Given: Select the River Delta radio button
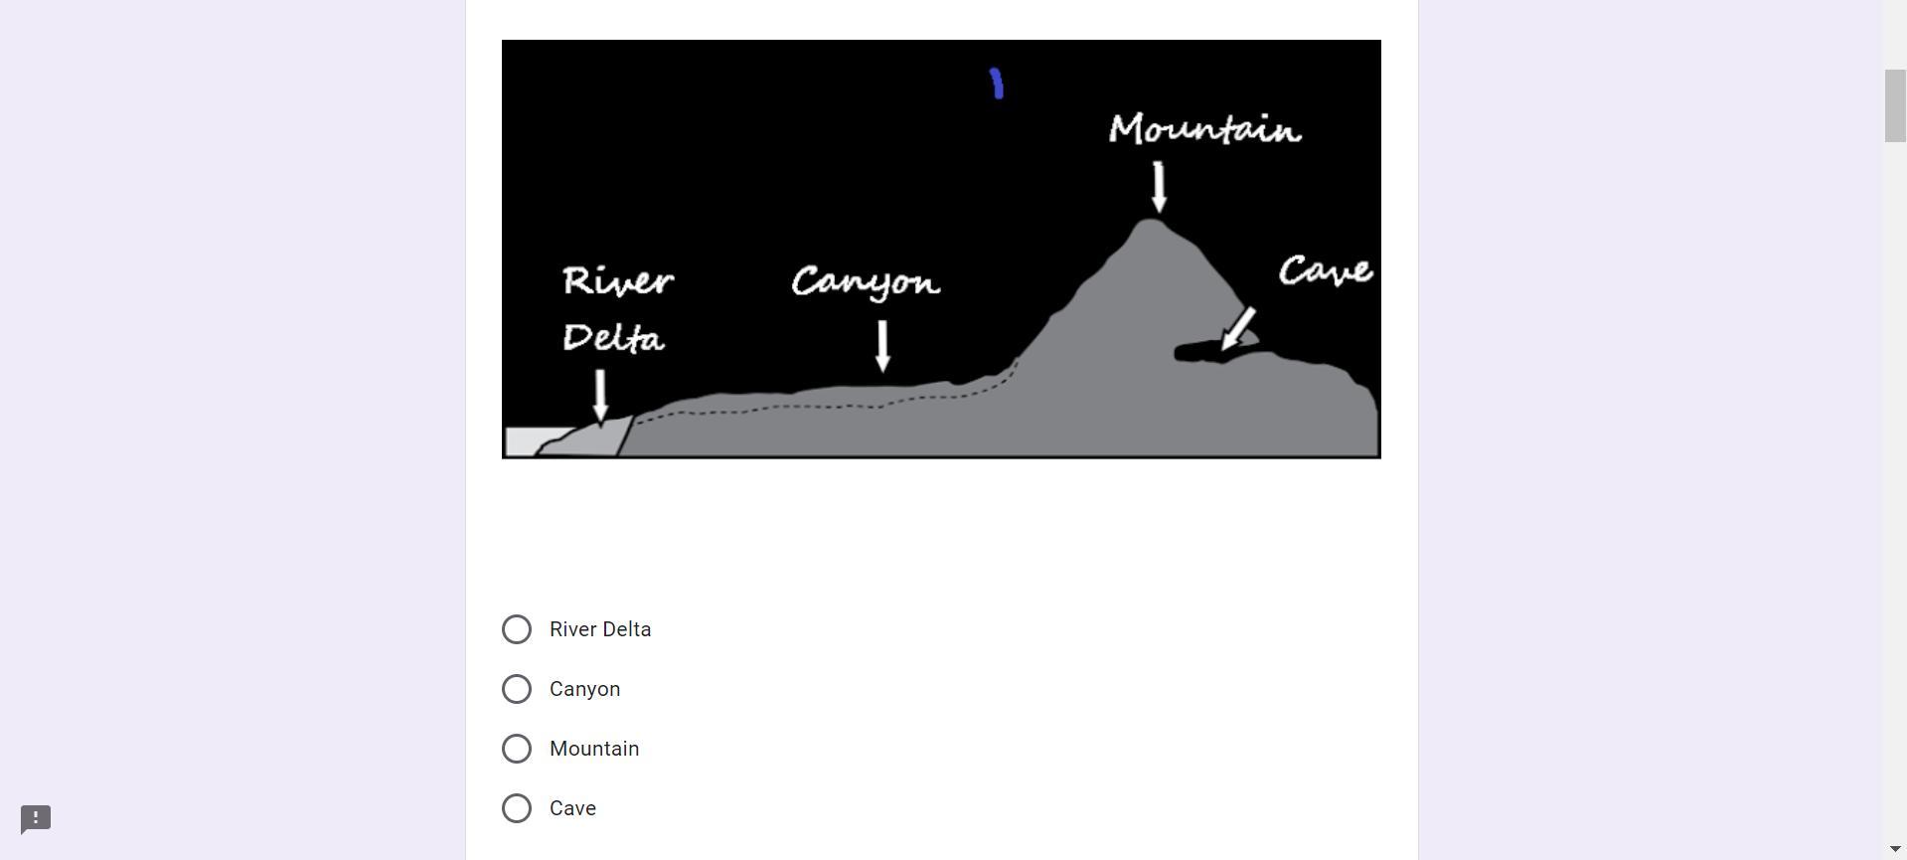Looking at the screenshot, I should pyautogui.click(x=517, y=629).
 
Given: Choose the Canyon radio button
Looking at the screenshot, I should pyautogui.click(x=517, y=689).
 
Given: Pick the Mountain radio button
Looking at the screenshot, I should pyautogui.click(x=517, y=749).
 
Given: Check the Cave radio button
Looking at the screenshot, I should pyautogui.click(x=517, y=808).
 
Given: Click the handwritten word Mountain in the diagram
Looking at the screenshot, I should pyautogui.click(x=1204, y=129).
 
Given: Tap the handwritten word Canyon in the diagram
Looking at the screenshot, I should pyautogui.click(x=866, y=283).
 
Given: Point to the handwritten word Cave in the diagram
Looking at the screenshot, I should pyautogui.click(x=1326, y=270).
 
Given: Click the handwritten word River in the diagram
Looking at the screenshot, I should pyautogui.click(x=618, y=281).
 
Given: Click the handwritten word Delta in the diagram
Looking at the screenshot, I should pyautogui.click(x=613, y=338).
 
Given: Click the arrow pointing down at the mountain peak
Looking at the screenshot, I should pyautogui.click(x=1159, y=187).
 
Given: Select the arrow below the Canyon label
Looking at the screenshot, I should pyautogui.click(x=882, y=346).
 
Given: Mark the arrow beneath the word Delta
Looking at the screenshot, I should pyautogui.click(x=600, y=396).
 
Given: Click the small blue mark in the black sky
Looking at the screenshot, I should pyautogui.click(x=997, y=84).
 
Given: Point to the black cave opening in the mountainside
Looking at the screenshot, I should pyautogui.click(x=1197, y=353).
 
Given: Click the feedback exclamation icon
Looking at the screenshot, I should pyautogui.click(x=36, y=819).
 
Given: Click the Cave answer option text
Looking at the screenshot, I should pyautogui.click(x=572, y=808).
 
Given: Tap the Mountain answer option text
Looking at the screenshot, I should pyautogui.click(x=594, y=749).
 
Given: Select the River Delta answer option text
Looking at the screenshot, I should pyautogui.click(x=600, y=629).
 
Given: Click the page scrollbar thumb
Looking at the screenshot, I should pyautogui.click(x=1895, y=105).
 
